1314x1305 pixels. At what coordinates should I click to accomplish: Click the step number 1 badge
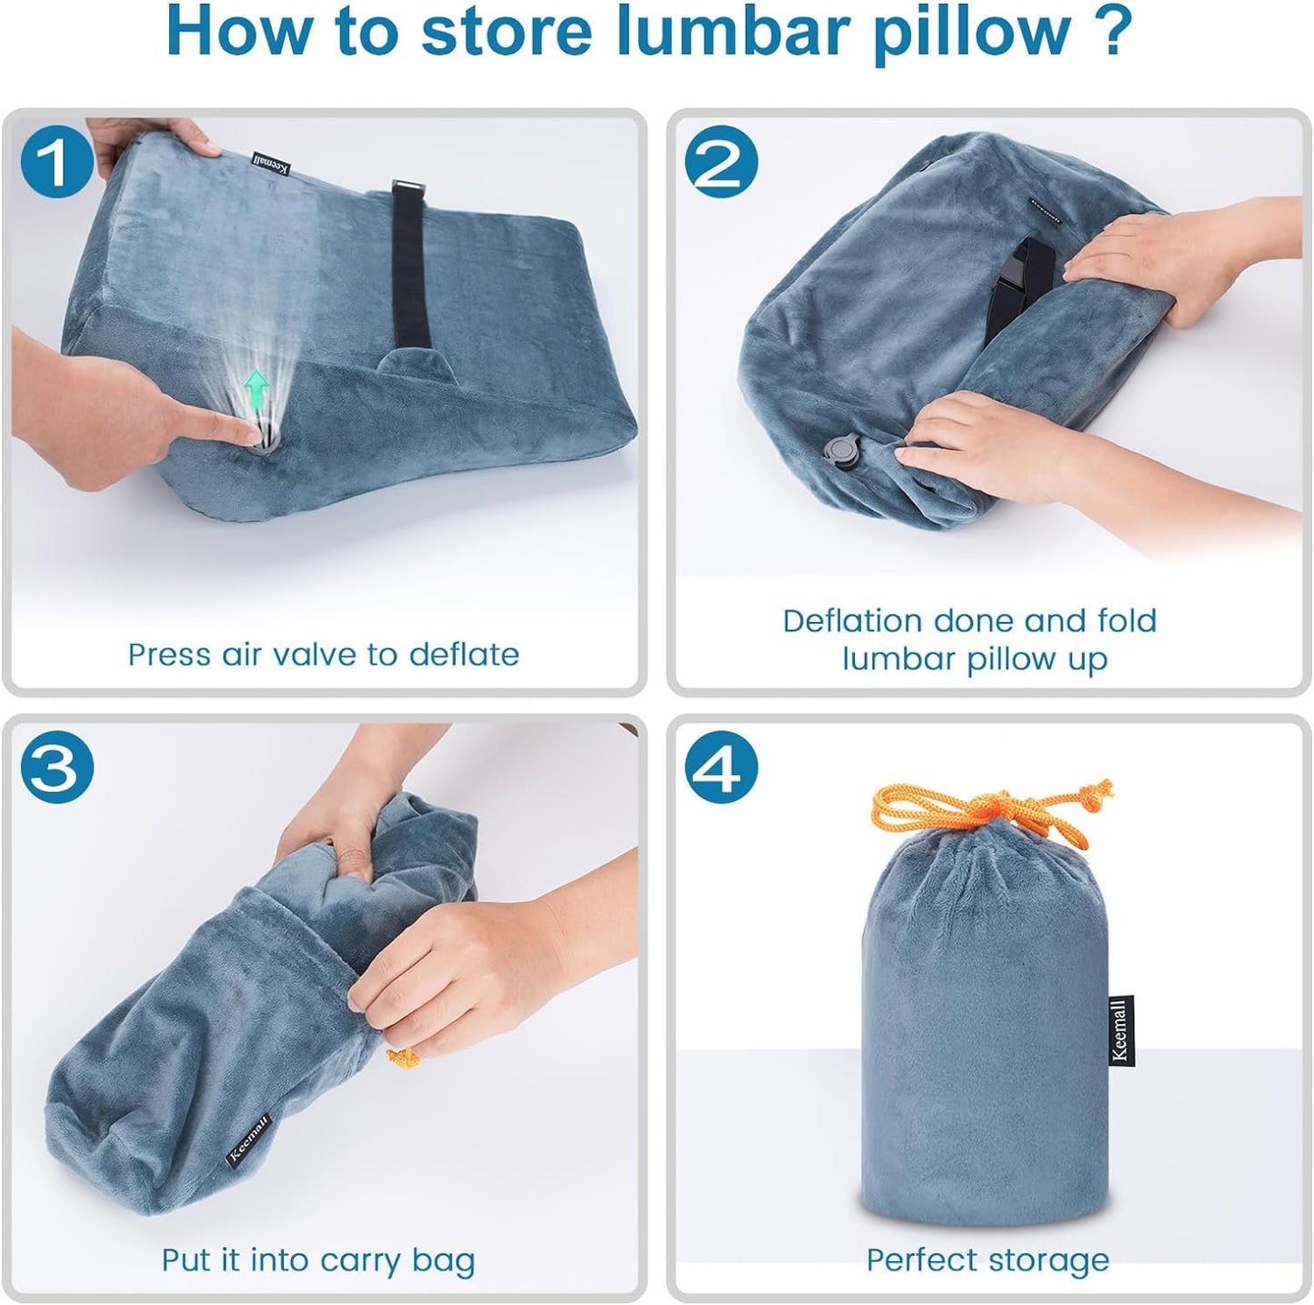(56, 161)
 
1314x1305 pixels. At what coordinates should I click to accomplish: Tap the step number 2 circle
(721, 161)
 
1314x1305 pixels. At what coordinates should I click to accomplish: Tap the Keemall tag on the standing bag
(1120, 1029)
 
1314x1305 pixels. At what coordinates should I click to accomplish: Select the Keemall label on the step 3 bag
(248, 1138)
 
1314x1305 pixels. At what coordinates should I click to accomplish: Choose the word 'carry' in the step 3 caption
(362, 1261)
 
